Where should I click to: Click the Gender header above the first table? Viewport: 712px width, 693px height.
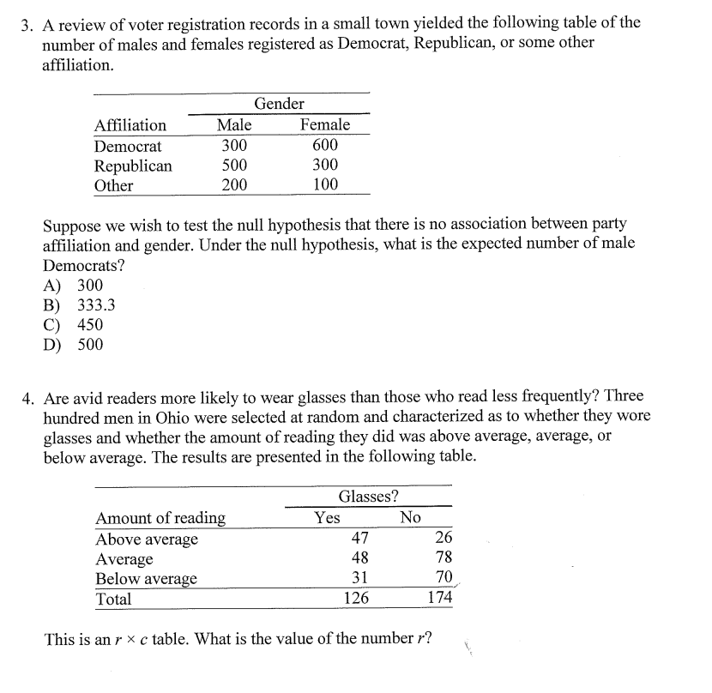[x=279, y=104]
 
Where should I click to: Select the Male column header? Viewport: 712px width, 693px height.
[x=234, y=125]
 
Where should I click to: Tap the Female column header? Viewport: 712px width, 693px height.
[x=325, y=125]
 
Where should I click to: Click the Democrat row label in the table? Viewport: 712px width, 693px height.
[x=128, y=146]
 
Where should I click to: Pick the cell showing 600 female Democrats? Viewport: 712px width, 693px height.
[x=325, y=146]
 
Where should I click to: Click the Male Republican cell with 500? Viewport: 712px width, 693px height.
[x=234, y=165]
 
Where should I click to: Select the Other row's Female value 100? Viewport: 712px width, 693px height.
[x=325, y=184]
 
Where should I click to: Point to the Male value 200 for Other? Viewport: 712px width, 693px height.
[x=234, y=184]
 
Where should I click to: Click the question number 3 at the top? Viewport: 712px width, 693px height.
[x=27, y=23]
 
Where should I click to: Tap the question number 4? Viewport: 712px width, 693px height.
[x=27, y=397]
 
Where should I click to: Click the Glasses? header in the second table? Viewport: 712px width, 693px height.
[x=368, y=497]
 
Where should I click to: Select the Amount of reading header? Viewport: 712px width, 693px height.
[x=160, y=518]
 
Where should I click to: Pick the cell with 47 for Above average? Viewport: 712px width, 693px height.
[x=360, y=539]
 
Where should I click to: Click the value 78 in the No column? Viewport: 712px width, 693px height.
[x=443, y=558]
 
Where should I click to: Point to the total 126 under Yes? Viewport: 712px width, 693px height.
[x=356, y=599]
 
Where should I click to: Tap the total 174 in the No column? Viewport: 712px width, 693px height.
[x=439, y=599]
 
